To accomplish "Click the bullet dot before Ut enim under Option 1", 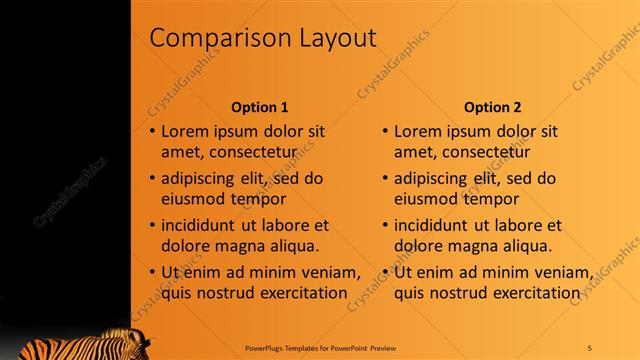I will pos(152,273).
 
